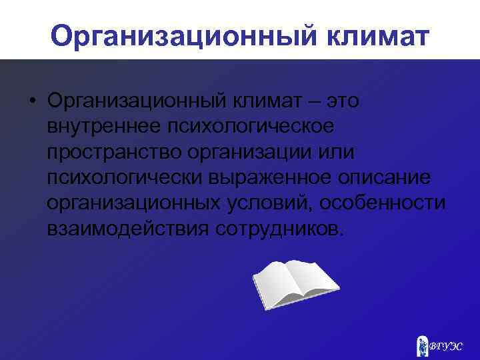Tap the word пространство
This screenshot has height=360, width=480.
pos(115,153)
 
